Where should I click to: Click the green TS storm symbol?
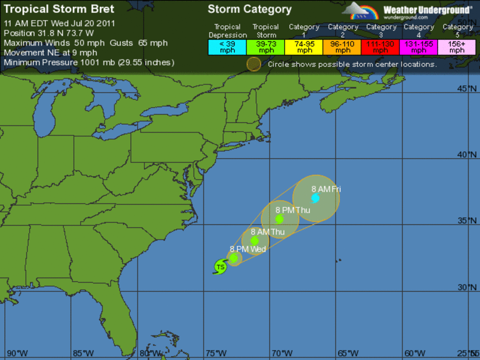point(220,266)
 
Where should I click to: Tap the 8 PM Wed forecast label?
point(248,249)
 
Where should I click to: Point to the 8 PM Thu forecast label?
point(292,210)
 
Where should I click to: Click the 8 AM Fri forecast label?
point(326,189)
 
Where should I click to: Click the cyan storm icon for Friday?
point(315,198)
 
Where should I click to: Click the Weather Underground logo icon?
point(360,11)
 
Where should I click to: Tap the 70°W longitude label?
point(282,353)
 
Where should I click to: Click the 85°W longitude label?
point(84,353)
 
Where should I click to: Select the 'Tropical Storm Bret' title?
point(59,9)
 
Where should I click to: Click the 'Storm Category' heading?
point(250,9)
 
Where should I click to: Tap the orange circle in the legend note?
point(254,64)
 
